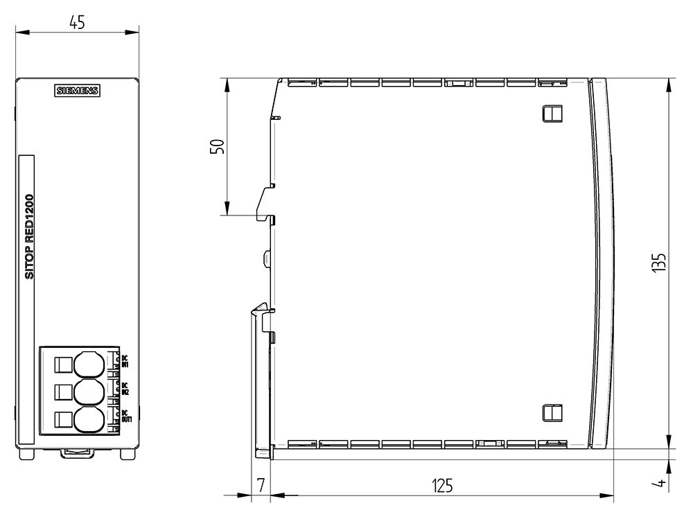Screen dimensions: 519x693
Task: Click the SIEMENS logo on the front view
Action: (x=78, y=91)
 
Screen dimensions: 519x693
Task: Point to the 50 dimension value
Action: (x=217, y=147)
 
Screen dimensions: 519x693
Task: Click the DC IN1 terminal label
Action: (x=125, y=360)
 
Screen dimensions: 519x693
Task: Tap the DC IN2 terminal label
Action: (x=125, y=388)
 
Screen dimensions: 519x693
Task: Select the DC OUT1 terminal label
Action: (x=125, y=416)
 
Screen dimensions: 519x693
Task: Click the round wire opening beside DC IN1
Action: (x=88, y=364)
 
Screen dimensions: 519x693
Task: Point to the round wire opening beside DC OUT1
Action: (x=88, y=420)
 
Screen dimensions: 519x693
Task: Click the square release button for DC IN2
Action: (x=62, y=392)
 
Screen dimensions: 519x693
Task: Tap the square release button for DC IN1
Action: (x=62, y=364)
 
